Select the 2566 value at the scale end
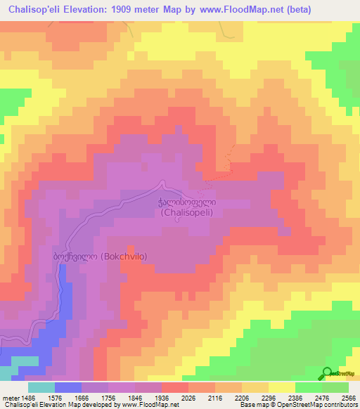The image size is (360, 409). click(349, 398)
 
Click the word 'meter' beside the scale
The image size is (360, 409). click(10, 398)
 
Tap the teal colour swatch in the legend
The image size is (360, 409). click(41, 387)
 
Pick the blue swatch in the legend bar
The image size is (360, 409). click(68, 387)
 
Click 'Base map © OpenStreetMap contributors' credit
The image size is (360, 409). click(297, 405)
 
